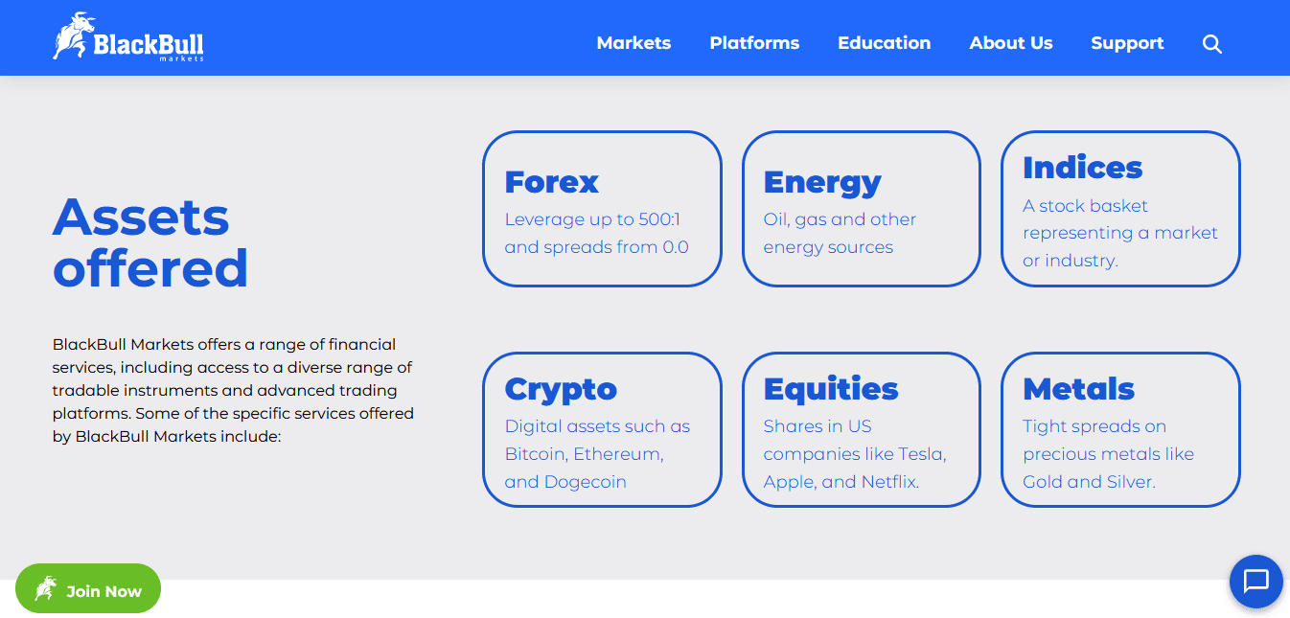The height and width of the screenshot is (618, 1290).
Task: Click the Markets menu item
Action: point(633,43)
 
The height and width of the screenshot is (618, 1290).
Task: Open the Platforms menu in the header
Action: point(754,43)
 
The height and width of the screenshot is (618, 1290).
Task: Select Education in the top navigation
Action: point(884,43)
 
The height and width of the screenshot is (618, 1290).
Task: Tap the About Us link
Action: point(1011,43)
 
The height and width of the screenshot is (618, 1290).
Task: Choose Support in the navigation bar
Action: point(1127,44)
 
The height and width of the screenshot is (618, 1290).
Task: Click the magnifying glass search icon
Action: point(1211,44)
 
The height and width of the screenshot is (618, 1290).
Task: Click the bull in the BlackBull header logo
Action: point(73,35)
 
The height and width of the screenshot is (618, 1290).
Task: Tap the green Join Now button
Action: point(88,588)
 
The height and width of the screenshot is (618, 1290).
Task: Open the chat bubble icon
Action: point(1256,582)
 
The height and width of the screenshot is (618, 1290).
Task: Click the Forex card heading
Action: point(552,182)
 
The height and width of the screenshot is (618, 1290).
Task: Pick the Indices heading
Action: point(1082,168)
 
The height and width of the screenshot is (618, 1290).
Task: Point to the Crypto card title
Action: point(561,390)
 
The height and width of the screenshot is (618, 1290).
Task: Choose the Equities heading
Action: point(830,389)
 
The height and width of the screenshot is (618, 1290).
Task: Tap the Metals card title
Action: point(1078,389)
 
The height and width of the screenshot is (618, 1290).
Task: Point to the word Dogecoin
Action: point(586,482)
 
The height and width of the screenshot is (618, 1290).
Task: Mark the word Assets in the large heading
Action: point(141,217)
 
